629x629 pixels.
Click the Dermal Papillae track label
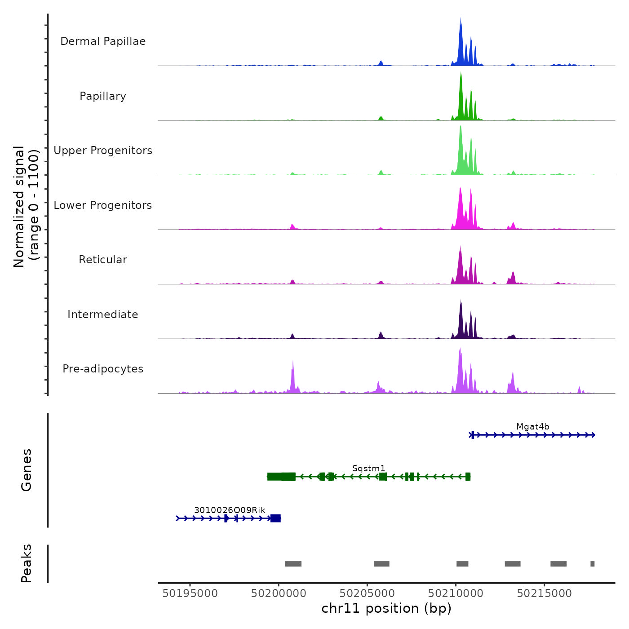(103, 41)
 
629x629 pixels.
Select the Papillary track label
(103, 96)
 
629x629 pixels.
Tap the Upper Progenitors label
(103, 151)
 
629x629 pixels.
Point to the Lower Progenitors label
(103, 205)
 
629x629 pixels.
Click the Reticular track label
(103, 260)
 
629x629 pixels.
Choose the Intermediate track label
(103, 314)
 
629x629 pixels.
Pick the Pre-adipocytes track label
(103, 369)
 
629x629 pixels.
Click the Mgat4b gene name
(532, 427)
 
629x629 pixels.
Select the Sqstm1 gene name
(368, 469)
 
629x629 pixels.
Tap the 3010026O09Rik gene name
(230, 510)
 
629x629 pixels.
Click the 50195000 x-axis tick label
(190, 594)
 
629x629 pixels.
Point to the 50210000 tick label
(456, 594)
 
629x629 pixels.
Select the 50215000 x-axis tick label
(544, 594)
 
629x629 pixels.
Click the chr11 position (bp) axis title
(386, 608)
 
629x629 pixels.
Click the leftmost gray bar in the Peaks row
(293, 564)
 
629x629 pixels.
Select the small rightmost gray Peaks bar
(592, 564)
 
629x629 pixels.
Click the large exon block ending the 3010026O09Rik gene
(275, 518)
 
